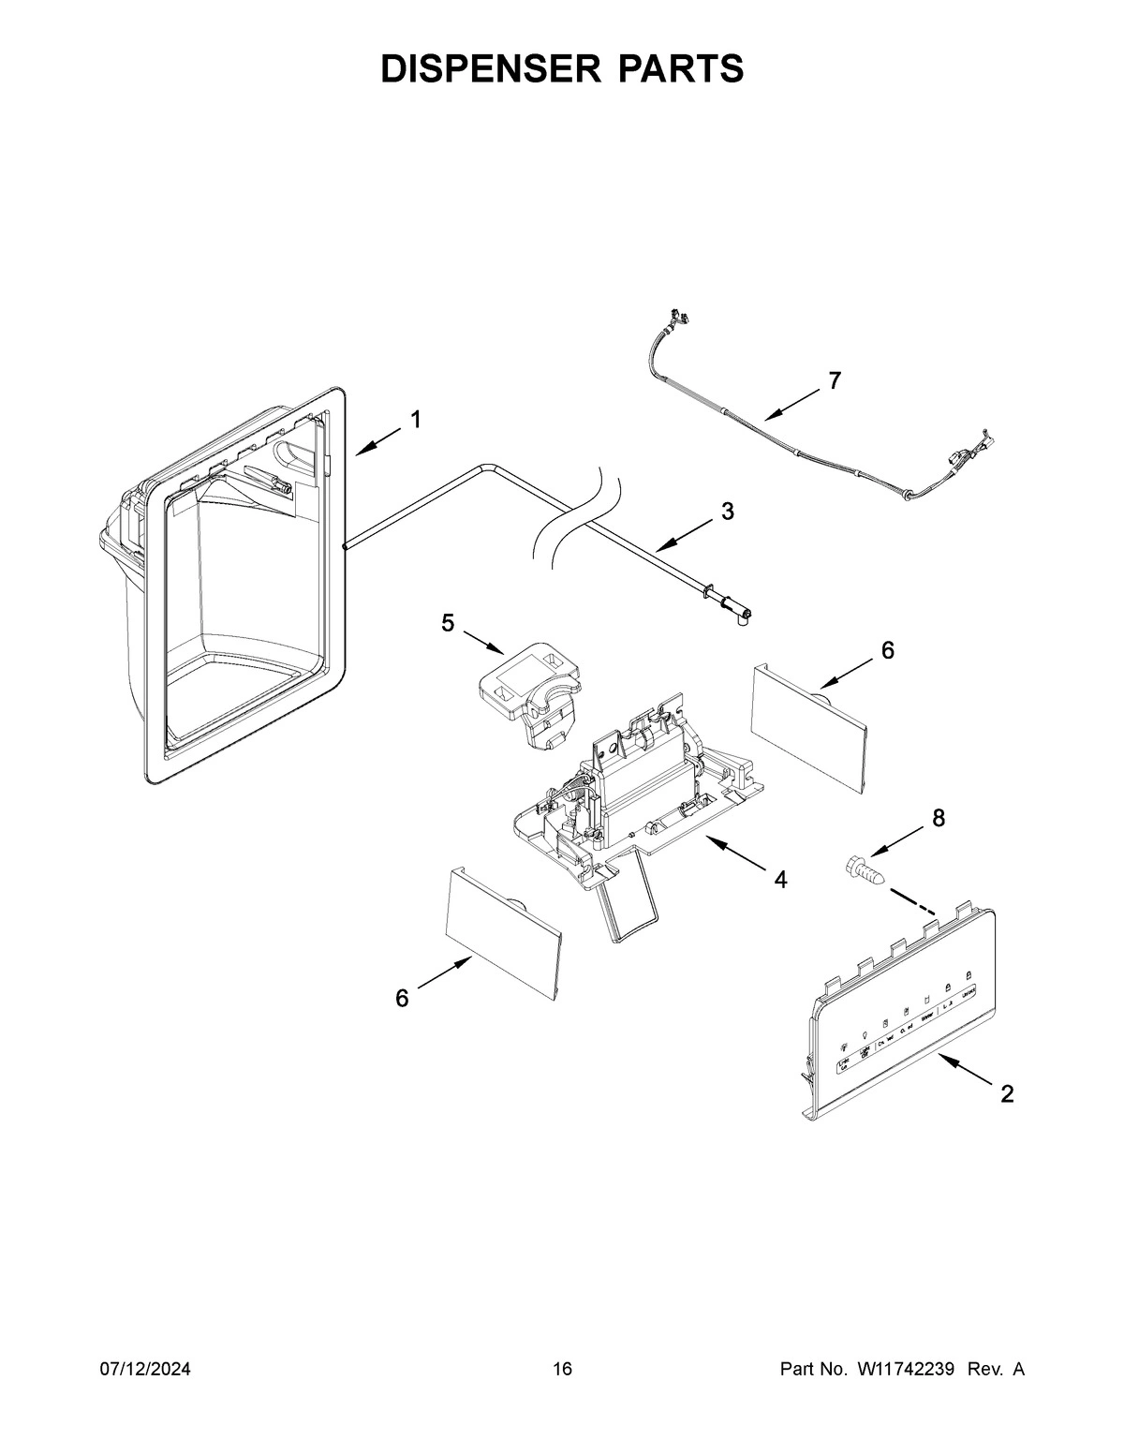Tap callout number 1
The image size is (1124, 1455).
415,420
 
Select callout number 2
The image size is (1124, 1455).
1007,1093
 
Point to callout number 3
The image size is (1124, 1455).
727,512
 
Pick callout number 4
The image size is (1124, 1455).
779,880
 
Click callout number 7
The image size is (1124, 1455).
835,380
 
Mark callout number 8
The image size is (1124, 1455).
938,819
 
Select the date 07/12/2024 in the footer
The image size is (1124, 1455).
145,1369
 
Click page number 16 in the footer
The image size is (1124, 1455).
562,1369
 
